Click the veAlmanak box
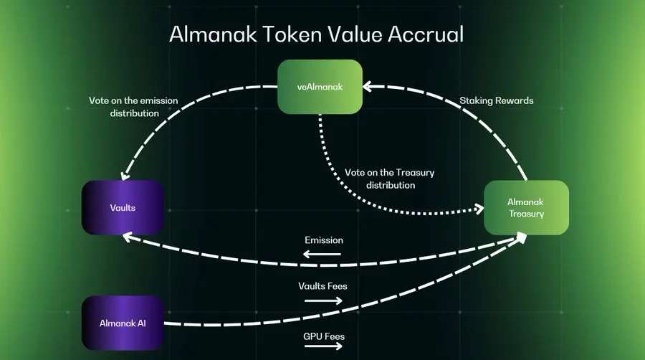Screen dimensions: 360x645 pyautogui.click(x=320, y=87)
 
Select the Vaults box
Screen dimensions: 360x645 pyautogui.click(x=123, y=207)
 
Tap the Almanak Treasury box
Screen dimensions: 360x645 pyautogui.click(x=526, y=207)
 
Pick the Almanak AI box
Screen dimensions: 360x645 pyautogui.click(x=123, y=323)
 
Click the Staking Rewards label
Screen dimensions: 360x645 pyautogui.click(x=496, y=101)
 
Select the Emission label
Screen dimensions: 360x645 pyautogui.click(x=323, y=240)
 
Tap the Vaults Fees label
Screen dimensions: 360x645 pyautogui.click(x=322, y=286)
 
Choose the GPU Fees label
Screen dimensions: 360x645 pyautogui.click(x=323, y=336)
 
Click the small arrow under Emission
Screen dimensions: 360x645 pyautogui.click(x=322, y=254)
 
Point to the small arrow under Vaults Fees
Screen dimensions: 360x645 pyautogui.click(x=323, y=300)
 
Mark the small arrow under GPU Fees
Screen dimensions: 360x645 pyautogui.click(x=323, y=347)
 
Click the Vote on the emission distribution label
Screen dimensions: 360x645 pyautogui.click(x=133, y=107)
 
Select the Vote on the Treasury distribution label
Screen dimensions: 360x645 pyautogui.click(x=391, y=179)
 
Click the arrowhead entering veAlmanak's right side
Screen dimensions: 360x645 pyautogui.click(x=367, y=87)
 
